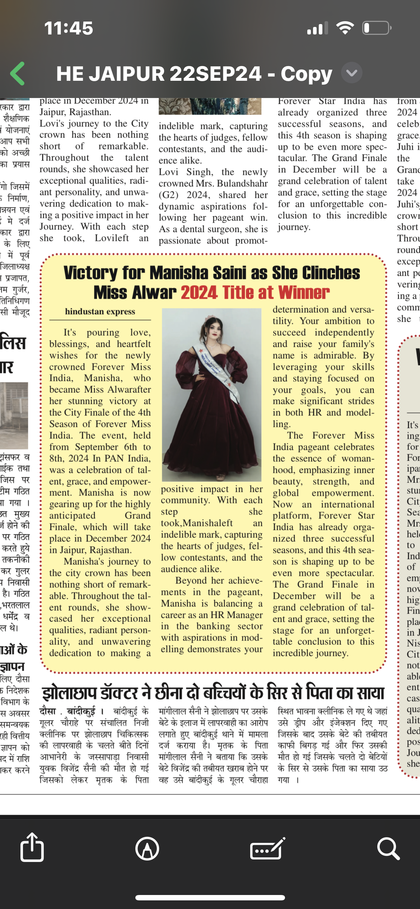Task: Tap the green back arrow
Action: point(18,74)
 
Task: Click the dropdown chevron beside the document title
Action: point(351,73)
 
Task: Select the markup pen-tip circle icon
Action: point(147,849)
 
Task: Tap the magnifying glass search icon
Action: point(388,849)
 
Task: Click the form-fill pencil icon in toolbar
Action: point(267,849)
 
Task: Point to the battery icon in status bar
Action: point(377,28)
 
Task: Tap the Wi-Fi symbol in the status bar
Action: point(345,28)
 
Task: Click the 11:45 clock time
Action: point(69,28)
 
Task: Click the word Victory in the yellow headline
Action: point(91,273)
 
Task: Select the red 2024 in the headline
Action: point(199,293)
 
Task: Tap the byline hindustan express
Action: point(100,312)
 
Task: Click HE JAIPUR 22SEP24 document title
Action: point(159,74)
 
